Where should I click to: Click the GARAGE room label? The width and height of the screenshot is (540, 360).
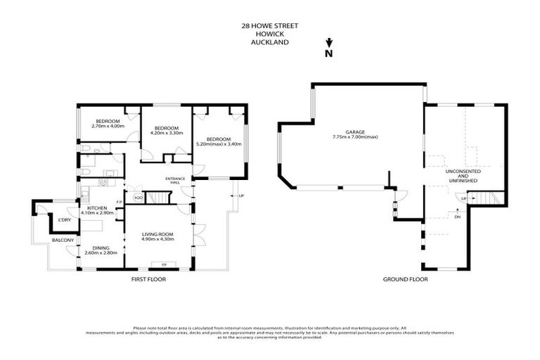pyautogui.click(x=355, y=131)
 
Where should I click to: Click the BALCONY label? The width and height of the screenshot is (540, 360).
pyautogui.click(x=63, y=240)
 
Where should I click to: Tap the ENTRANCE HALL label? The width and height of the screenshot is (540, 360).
pyautogui.click(x=174, y=179)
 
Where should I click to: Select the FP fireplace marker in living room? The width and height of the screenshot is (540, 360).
pyautogui.click(x=163, y=265)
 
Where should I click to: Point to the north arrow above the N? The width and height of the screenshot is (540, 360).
pyautogui.click(x=328, y=43)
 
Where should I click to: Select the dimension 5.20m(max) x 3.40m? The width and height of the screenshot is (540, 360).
pyautogui.click(x=219, y=143)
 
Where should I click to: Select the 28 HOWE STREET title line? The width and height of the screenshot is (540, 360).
pyautogui.click(x=270, y=25)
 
